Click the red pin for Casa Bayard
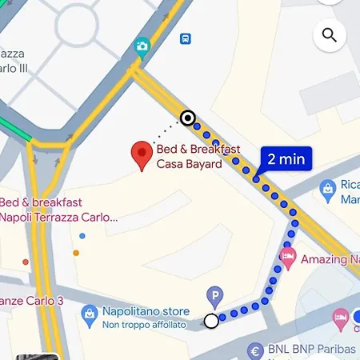pos(142,154)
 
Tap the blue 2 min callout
pos(286,158)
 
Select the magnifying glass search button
pos(329,34)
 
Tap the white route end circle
pos(211,321)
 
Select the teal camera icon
pos(143,46)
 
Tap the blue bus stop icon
pos(186,38)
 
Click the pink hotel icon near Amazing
pos(288,258)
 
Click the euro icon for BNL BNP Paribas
pos(256,350)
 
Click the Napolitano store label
pos(146,311)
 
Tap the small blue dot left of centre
pos(82,236)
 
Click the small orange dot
pos(76,253)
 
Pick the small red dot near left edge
pos(26,261)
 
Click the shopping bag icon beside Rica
pos(327,189)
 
